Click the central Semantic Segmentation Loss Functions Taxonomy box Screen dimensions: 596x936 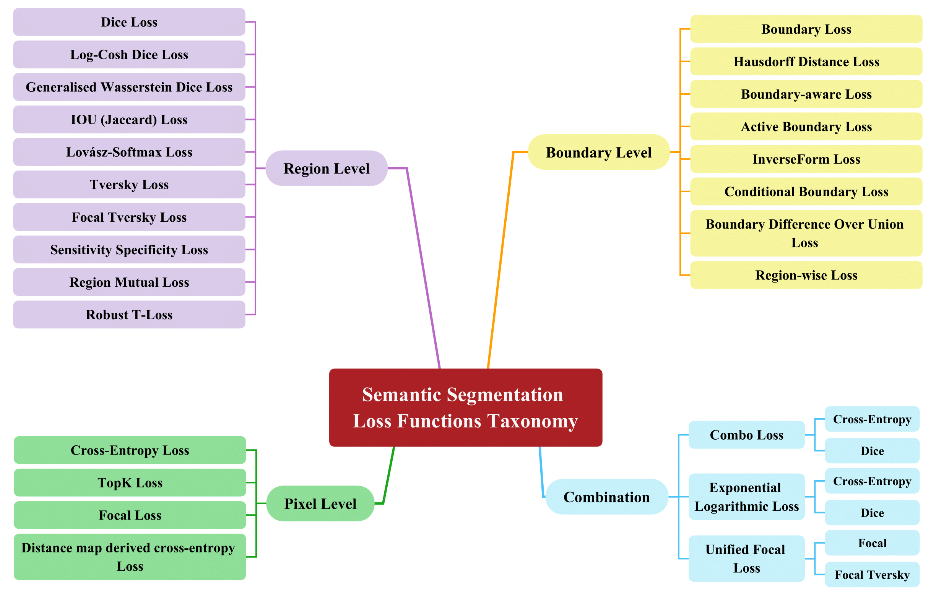(465, 407)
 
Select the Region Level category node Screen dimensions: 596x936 (326, 168)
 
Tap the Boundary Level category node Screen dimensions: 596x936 (598, 152)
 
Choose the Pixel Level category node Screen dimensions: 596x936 (320, 503)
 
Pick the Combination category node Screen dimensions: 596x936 (606, 497)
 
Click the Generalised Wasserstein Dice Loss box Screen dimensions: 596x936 (129, 87)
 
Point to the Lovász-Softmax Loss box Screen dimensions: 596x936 (129, 152)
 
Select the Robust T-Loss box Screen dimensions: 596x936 (129, 314)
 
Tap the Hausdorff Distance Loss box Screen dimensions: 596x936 (806, 62)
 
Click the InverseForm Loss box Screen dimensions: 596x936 (806, 159)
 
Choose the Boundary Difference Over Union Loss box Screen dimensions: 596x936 (806, 233)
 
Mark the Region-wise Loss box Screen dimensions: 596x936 (806, 275)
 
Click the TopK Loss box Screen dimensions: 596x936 (130, 482)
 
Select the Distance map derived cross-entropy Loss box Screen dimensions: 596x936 (130, 556)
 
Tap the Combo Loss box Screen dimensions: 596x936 (746, 434)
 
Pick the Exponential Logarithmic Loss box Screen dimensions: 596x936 (746, 496)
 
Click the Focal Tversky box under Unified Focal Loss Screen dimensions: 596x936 (872, 574)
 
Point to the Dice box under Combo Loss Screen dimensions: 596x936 (872, 450)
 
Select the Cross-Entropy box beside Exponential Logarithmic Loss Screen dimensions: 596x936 (872, 481)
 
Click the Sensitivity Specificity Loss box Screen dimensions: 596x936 (129, 249)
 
